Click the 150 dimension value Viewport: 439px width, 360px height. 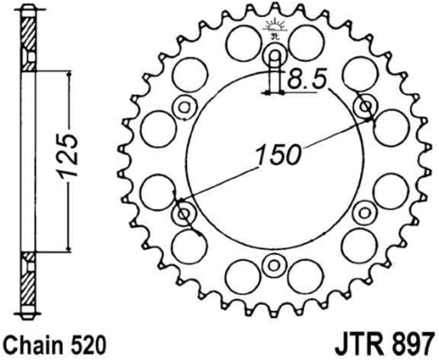tap(278, 154)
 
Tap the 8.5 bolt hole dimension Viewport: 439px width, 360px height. tap(307, 80)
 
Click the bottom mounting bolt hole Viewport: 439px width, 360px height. tap(274, 264)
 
